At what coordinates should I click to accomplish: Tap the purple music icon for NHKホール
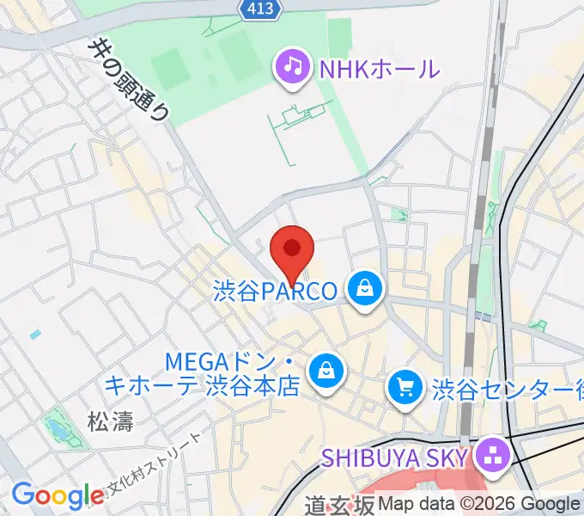point(293,68)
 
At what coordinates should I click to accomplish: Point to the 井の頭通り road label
point(130,78)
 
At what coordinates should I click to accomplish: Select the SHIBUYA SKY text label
point(395,457)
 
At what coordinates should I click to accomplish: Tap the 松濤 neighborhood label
point(108,421)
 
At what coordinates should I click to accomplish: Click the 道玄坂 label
point(340,506)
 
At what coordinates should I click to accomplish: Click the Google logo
point(58,495)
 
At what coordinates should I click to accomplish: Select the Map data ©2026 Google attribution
point(478,505)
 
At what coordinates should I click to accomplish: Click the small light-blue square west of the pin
point(34,334)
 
